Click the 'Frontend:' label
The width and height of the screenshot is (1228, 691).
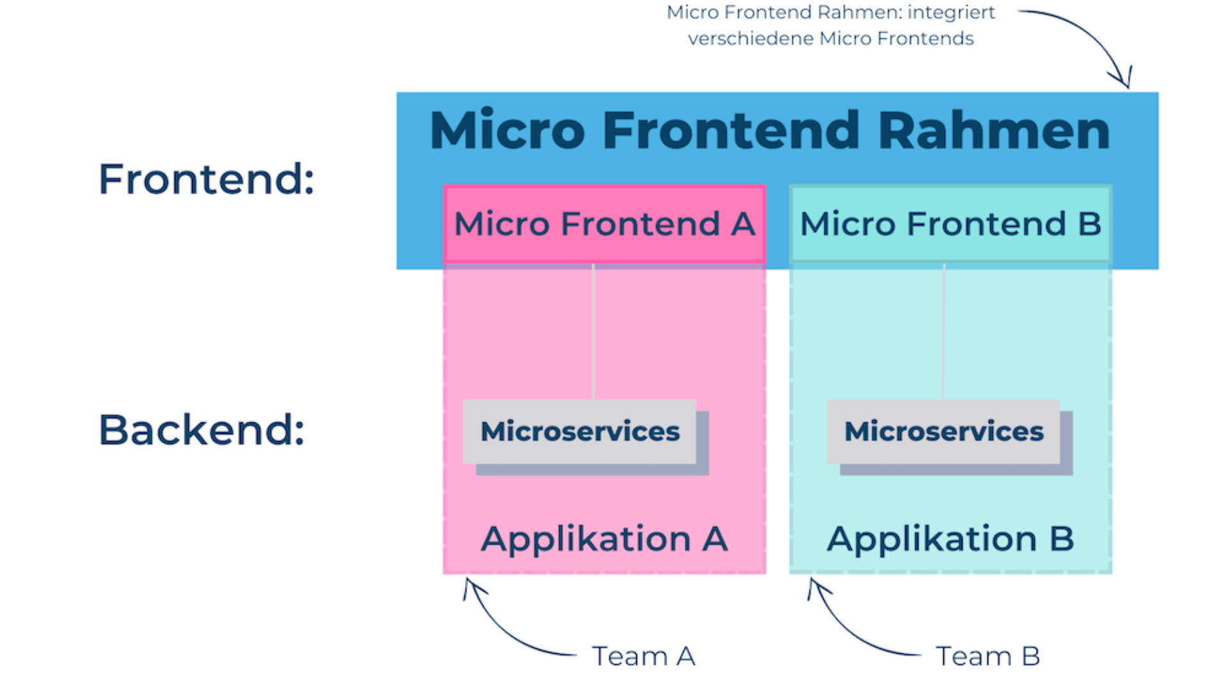tap(206, 179)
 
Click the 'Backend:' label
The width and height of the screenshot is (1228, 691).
tap(201, 430)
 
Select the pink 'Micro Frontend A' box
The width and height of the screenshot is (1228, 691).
tap(604, 224)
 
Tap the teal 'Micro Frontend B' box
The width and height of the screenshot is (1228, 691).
tap(950, 224)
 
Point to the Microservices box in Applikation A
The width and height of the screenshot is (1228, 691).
tap(580, 431)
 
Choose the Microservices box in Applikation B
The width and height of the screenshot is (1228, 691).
tap(944, 431)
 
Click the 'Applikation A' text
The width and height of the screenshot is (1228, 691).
tap(604, 539)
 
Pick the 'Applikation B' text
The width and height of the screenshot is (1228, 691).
tap(950, 539)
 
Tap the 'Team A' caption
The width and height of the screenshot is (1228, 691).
tap(643, 656)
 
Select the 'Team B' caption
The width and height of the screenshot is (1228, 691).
tap(988, 656)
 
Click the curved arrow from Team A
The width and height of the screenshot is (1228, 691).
tap(505, 630)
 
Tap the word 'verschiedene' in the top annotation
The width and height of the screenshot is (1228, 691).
tap(750, 39)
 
